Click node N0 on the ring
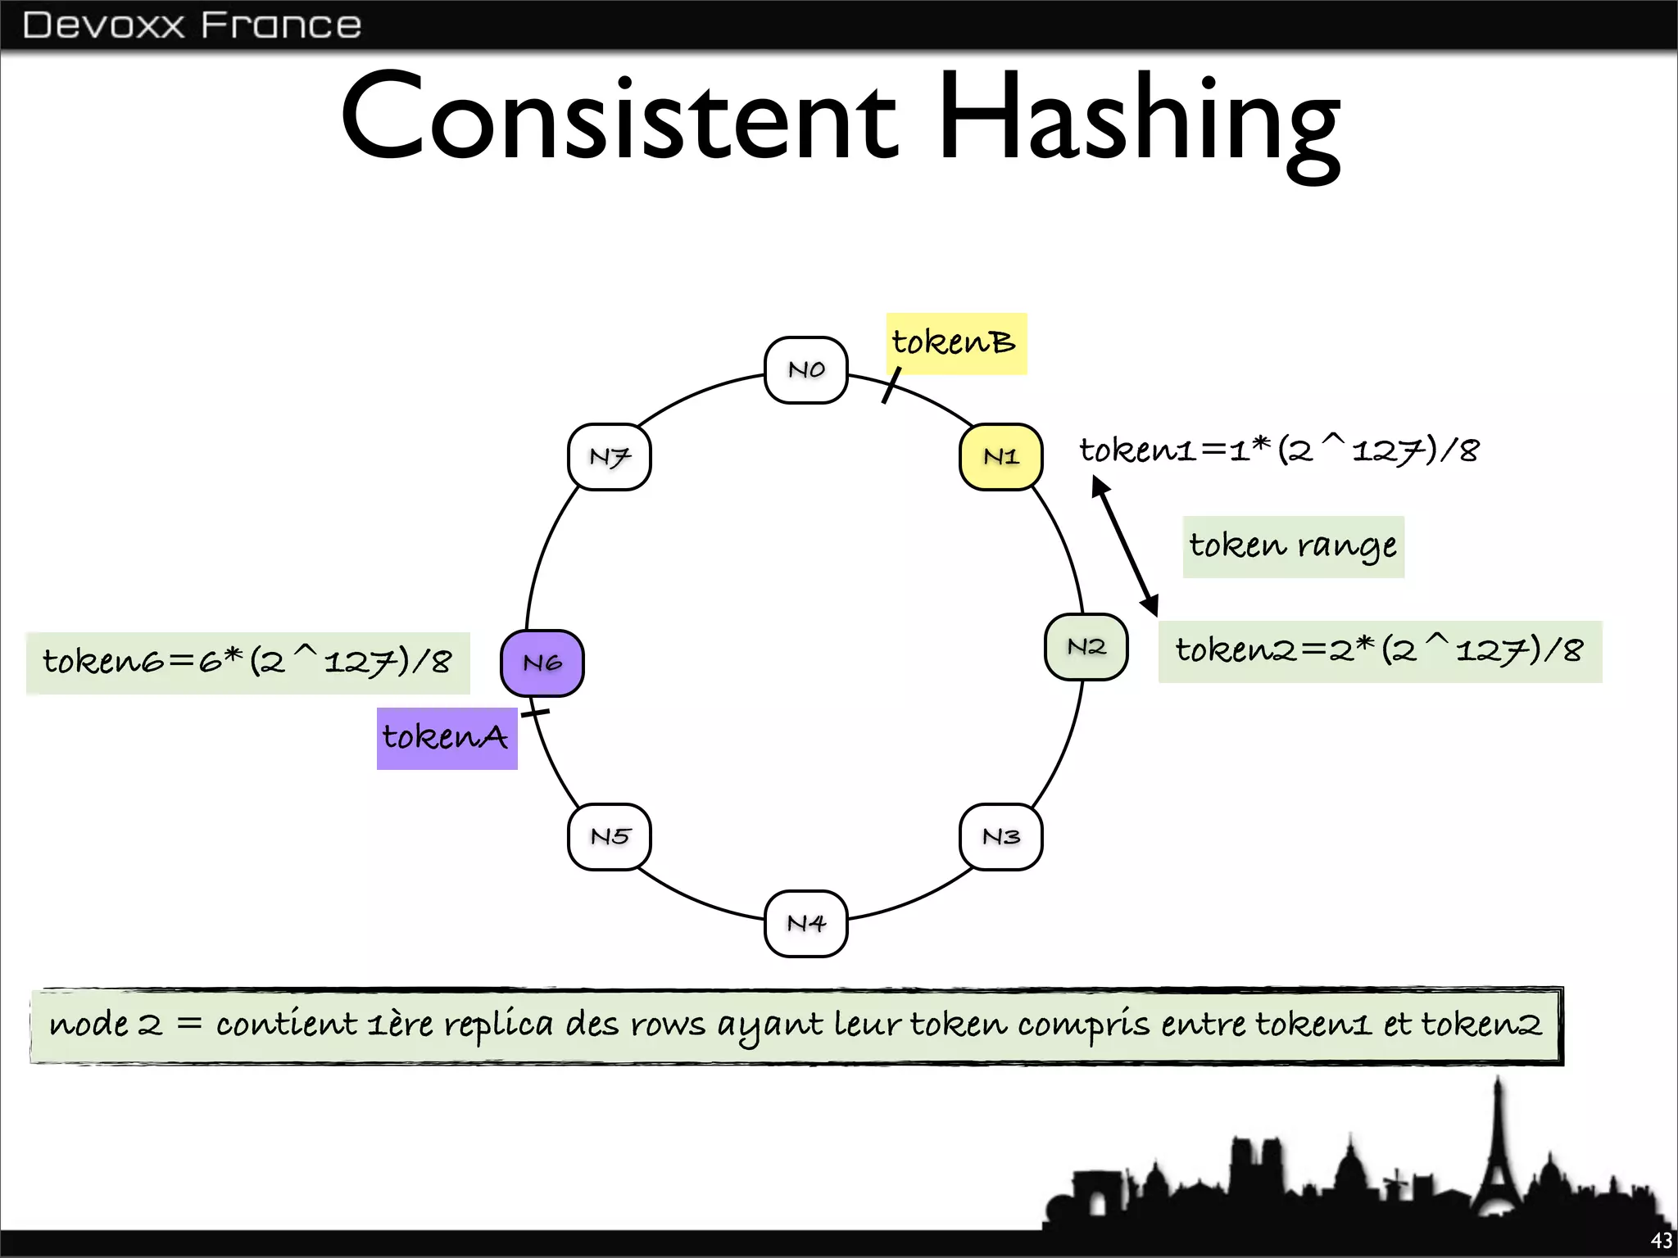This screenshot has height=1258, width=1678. point(805,370)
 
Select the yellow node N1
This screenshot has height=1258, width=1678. point(1000,457)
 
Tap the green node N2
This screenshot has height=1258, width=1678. point(1086,647)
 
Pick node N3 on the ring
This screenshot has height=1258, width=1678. point(1000,836)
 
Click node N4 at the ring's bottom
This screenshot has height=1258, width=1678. point(805,923)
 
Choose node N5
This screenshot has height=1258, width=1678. point(610,836)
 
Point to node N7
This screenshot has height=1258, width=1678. point(610,457)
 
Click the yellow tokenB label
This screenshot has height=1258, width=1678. point(955,344)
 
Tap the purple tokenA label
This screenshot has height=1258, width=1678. point(447,738)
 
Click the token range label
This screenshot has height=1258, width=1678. point(1293,546)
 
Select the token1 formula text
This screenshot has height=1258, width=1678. point(1279,450)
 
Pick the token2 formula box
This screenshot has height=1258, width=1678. point(1380,651)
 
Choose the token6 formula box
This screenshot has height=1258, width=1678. point(247,663)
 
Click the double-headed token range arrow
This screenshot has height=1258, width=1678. point(1125,546)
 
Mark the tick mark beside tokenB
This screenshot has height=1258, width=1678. point(891,385)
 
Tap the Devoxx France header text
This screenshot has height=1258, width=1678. point(192,25)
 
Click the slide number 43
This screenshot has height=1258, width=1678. point(1661,1241)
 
